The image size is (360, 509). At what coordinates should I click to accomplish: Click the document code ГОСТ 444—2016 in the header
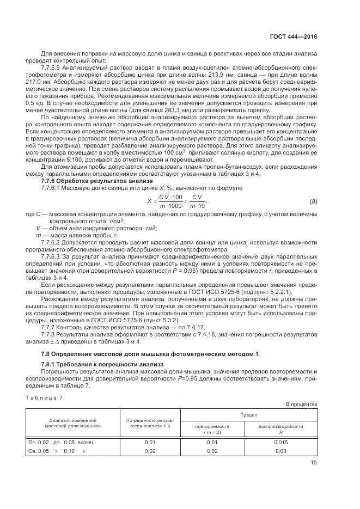293,36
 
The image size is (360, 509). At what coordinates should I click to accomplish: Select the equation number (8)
313,201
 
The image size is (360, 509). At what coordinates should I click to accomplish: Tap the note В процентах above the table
301,404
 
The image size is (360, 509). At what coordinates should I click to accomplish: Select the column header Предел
248,415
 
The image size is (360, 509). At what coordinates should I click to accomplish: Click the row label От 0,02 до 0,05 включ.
61,442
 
